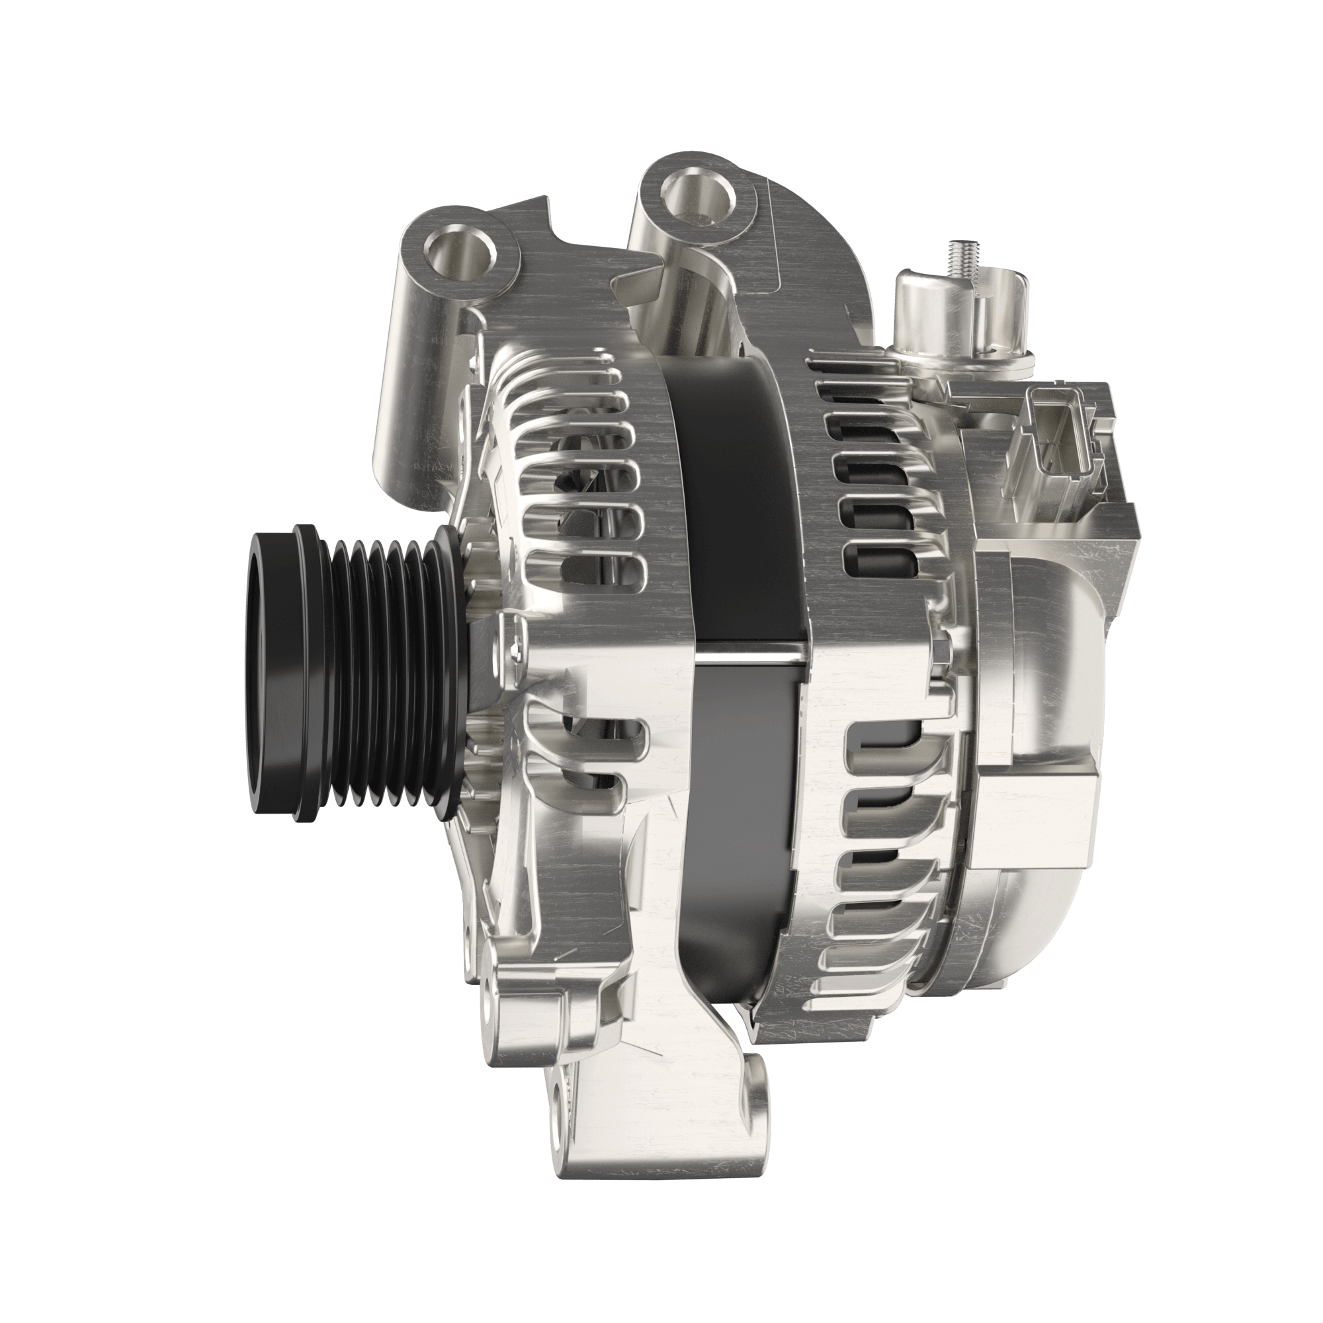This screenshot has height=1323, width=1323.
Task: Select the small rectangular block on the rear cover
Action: point(1034,818)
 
